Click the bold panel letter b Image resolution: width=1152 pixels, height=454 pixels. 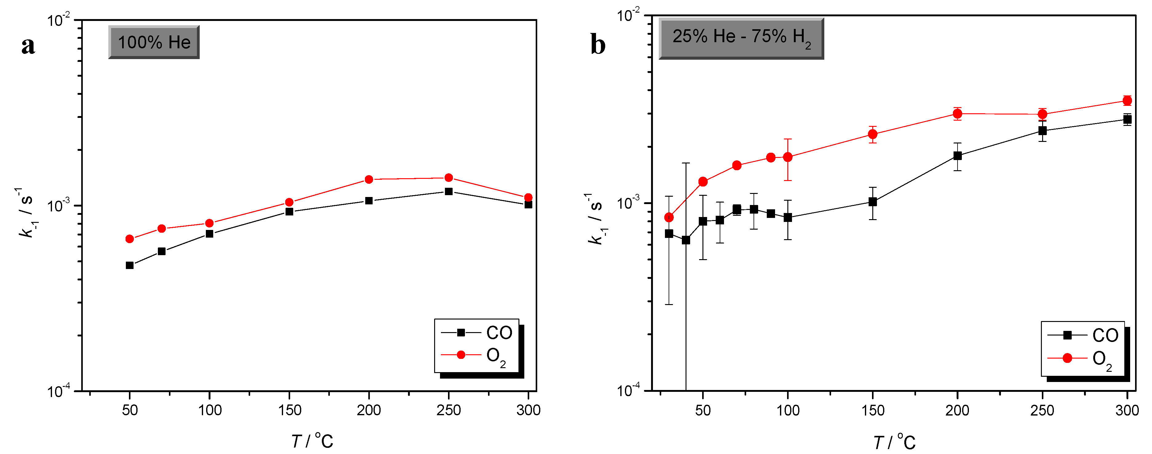[598, 45]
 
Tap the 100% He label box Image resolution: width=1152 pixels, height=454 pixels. [154, 42]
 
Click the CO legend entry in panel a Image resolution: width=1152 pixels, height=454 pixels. [477, 332]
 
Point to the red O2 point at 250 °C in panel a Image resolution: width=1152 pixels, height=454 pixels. [449, 178]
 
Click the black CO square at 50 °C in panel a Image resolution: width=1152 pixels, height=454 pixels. [130, 265]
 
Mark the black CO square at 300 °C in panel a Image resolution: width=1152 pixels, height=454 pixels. [528, 204]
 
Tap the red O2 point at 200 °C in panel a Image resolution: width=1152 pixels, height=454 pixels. [369, 179]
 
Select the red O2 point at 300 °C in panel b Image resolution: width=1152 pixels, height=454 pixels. [1127, 100]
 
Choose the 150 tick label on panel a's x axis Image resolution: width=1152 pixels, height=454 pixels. [289, 410]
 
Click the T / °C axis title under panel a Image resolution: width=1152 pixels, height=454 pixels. [312, 441]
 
